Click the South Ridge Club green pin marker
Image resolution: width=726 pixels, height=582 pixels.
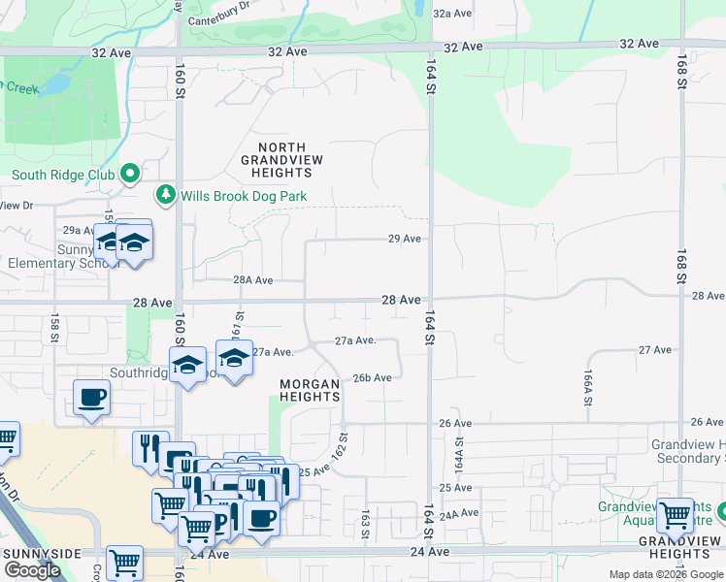tap(131, 175)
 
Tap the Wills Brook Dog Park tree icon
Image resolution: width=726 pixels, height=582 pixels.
tap(166, 196)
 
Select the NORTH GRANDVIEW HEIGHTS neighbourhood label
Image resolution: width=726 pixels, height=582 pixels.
tap(281, 159)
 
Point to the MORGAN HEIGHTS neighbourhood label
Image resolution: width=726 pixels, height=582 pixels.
tap(310, 391)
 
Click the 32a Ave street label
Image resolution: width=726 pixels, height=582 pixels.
tap(452, 14)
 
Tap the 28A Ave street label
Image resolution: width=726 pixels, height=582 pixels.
tap(253, 279)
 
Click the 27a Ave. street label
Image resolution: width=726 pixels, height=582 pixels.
tap(355, 340)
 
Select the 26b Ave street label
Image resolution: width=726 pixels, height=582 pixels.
tap(372, 377)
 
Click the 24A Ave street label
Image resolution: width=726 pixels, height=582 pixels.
tap(460, 512)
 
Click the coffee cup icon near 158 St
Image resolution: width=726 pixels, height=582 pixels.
tap(91, 397)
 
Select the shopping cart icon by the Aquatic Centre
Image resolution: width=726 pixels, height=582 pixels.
tap(674, 515)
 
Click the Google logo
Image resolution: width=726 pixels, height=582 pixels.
tap(32, 569)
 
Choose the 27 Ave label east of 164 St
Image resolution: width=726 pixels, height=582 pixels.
tap(655, 349)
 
